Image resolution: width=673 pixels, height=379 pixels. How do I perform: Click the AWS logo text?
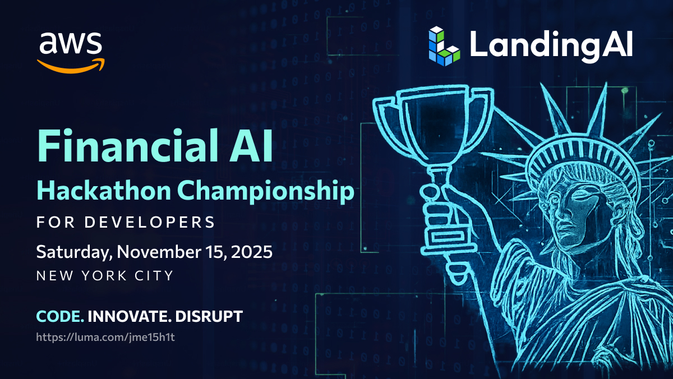click(71, 44)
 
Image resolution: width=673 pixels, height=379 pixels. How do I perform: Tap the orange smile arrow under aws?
click(71, 67)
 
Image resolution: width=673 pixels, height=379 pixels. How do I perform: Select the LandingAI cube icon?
click(444, 46)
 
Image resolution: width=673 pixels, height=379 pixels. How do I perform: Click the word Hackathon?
click(104, 191)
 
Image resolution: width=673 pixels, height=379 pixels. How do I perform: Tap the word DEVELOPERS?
click(150, 222)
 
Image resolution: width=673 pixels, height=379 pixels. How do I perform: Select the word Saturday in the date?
click(74, 252)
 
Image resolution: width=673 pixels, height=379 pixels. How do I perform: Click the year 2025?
click(252, 252)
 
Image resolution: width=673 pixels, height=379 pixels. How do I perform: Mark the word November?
click(159, 252)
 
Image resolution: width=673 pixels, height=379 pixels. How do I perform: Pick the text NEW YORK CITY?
click(105, 275)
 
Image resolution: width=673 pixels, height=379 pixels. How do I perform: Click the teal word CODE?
click(60, 316)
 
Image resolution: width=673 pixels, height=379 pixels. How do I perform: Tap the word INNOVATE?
click(130, 316)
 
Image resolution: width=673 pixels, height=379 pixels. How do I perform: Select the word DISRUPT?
click(209, 316)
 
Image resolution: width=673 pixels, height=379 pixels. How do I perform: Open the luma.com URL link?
click(105, 337)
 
